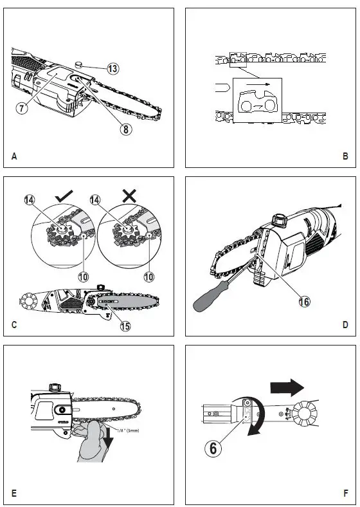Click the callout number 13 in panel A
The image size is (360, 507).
coord(113,68)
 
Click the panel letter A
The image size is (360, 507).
coord(14,156)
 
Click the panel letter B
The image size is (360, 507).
coord(345,156)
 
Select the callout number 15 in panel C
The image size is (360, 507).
coord(125,326)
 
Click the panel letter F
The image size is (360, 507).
coord(345,494)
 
